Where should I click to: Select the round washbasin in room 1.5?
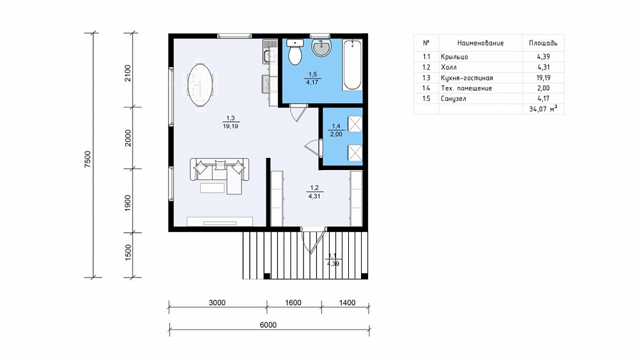point(321,47)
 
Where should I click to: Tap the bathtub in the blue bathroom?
point(352,65)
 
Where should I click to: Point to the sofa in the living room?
point(219,175)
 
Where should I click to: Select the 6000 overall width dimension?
point(268,325)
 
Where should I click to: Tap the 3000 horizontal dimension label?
point(217,302)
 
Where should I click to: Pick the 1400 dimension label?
point(347,302)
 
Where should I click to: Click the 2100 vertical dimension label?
point(128,73)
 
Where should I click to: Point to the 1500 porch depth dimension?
point(128,253)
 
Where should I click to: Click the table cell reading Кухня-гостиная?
point(466,78)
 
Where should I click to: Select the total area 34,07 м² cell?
point(543,109)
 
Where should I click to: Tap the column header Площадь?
point(543,43)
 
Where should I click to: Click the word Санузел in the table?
point(453,98)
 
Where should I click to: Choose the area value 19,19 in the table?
point(543,78)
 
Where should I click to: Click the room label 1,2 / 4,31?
point(314,192)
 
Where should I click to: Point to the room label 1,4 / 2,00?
point(336,130)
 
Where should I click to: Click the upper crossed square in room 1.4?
point(355,123)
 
